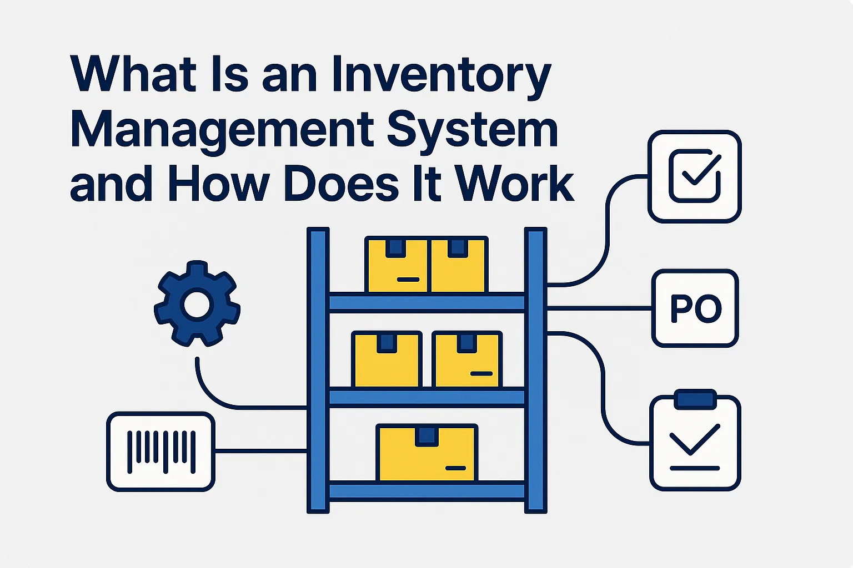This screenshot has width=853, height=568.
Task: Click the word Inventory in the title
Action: click(x=441, y=76)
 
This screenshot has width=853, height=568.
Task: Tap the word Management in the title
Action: click(x=222, y=131)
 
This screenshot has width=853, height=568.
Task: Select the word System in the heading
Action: click(x=471, y=131)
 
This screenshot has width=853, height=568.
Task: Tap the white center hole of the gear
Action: click(x=197, y=305)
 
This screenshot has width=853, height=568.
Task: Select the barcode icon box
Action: click(x=160, y=452)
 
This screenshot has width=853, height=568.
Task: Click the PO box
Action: click(x=695, y=308)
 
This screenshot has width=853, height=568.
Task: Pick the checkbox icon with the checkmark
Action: click(x=695, y=176)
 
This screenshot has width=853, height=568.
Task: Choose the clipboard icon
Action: click(x=695, y=444)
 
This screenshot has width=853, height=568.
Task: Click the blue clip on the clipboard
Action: click(x=695, y=399)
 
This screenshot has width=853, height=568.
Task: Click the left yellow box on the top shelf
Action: click(x=397, y=265)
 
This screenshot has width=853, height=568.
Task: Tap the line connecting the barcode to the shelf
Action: click(x=260, y=451)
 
